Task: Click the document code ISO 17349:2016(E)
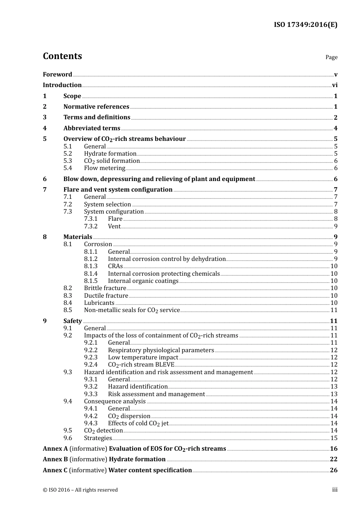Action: [305, 25]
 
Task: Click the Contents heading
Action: [62, 56]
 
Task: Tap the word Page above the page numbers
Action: [331, 57]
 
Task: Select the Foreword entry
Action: [57, 75]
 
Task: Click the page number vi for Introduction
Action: [335, 85]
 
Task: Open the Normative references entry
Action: [96, 107]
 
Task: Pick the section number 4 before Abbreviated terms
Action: [45, 128]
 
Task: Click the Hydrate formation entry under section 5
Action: [110, 154]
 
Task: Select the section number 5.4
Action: [67, 168]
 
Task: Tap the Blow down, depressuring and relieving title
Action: [159, 179]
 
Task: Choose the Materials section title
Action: [78, 237]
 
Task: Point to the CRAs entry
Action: [115, 266]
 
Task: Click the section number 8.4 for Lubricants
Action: [67, 303]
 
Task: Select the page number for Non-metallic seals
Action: [334, 310]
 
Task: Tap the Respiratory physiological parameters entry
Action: [161, 350]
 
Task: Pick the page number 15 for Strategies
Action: [334, 438]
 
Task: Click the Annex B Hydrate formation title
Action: [137, 459]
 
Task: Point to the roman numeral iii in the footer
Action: [335, 490]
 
